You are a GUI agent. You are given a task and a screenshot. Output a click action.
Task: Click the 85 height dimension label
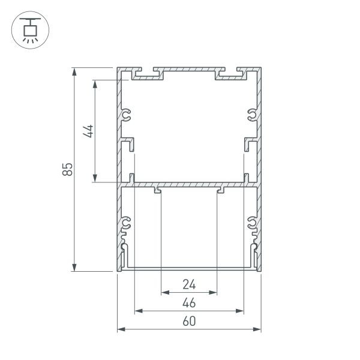tap(69, 169)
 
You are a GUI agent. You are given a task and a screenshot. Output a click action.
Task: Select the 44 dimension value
tap(88, 131)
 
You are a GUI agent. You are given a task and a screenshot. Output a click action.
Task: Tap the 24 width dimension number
tap(189, 284)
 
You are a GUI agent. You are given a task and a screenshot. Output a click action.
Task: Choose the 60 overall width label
tap(189, 321)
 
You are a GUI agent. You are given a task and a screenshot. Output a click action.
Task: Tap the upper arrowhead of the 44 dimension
tap(94, 84)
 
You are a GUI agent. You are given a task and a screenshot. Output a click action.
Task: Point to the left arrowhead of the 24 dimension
tap(165, 293)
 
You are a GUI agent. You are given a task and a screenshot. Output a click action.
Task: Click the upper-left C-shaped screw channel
tap(126, 115)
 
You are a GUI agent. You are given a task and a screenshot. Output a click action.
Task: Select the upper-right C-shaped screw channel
tap(252, 115)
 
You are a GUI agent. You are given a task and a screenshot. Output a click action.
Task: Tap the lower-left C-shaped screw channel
tap(126, 224)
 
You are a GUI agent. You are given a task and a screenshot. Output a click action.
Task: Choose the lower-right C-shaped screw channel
tap(252, 224)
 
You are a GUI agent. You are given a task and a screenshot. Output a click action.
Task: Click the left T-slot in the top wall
tap(144, 74)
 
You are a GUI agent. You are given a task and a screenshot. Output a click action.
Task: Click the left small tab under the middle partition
tap(158, 191)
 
